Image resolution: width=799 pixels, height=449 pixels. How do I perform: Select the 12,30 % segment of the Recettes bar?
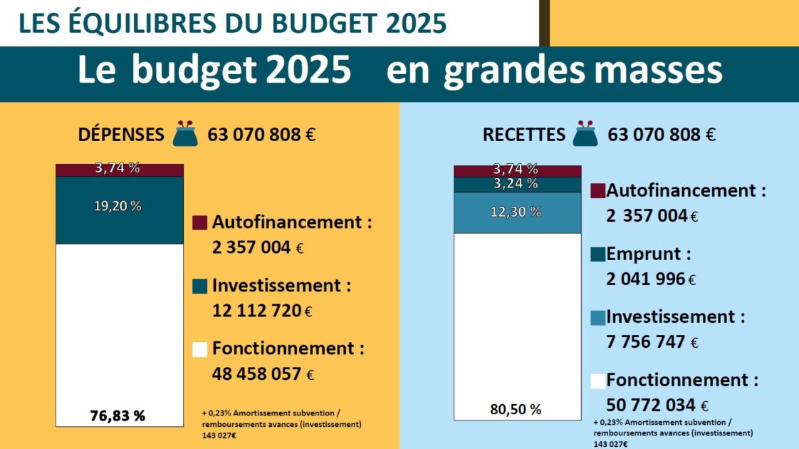click(x=517, y=212)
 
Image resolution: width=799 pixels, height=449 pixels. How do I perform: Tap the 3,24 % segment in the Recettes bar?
click(x=517, y=185)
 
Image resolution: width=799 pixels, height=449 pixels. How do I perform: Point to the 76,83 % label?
click(x=118, y=416)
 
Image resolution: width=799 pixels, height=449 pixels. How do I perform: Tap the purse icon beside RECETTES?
click(x=586, y=134)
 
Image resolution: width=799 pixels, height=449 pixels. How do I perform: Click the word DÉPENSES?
click(x=120, y=135)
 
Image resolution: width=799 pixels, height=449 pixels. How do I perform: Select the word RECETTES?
click(x=523, y=135)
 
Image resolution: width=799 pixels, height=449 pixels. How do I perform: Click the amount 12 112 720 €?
click(x=263, y=311)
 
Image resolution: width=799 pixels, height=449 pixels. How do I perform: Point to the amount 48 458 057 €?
click(x=263, y=373)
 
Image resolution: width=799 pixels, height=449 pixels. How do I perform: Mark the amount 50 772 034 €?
click(x=657, y=406)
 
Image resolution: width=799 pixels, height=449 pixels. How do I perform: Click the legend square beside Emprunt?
click(x=598, y=254)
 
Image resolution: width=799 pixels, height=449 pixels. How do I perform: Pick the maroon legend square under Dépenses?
click(x=200, y=223)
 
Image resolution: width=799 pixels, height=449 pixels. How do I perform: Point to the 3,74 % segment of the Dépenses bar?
click(x=119, y=170)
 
